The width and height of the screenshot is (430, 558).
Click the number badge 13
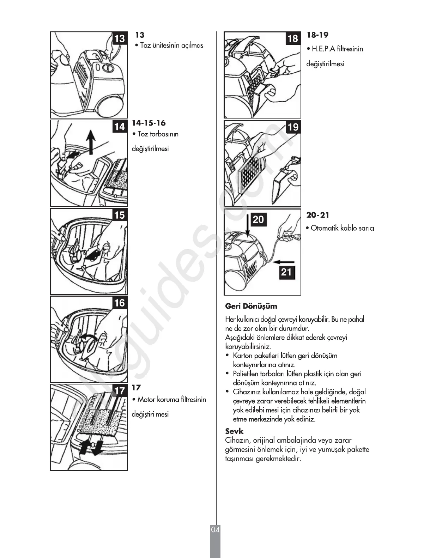point(120,38)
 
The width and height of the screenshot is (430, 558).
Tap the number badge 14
point(120,126)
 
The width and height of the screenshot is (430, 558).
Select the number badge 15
point(120,214)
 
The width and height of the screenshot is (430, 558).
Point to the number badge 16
point(120,303)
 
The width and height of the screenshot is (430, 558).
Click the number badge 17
point(120,390)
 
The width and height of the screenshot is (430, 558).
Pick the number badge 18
point(293,38)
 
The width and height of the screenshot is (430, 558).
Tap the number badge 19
point(293,127)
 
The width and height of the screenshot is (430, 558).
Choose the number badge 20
point(259,219)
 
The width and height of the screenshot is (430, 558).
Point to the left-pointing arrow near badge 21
point(284,262)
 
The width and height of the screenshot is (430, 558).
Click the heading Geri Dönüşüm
point(251,306)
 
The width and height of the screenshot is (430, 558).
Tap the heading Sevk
point(234,431)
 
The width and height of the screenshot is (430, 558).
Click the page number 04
point(215,530)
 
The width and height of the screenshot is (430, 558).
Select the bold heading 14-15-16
point(149,123)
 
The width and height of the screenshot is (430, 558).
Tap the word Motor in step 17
point(146,400)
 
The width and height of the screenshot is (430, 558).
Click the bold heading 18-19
point(317,35)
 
